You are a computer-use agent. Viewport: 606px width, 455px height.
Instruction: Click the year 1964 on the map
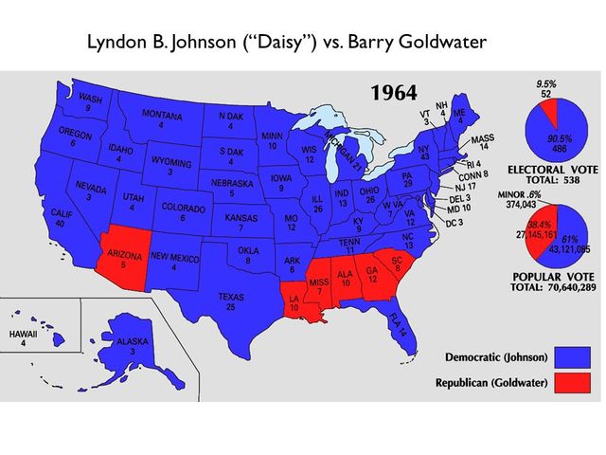[x=401, y=93]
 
